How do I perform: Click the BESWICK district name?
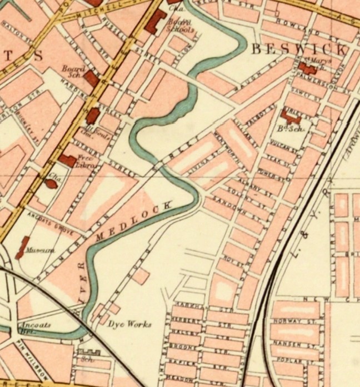299,49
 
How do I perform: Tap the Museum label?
42,251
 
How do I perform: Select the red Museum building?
23,247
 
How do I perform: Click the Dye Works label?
129,324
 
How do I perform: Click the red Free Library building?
67,160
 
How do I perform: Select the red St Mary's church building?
305,69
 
